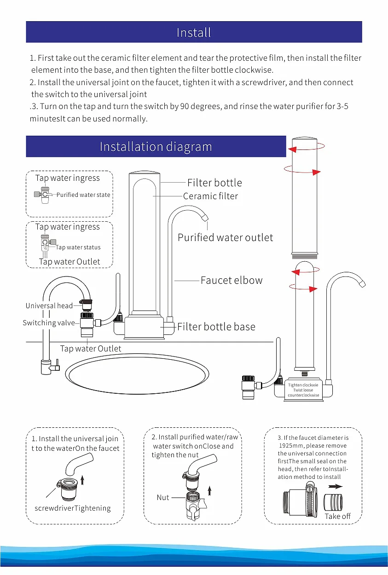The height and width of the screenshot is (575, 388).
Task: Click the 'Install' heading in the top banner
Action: [194, 33]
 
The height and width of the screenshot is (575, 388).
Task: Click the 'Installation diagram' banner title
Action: [156, 147]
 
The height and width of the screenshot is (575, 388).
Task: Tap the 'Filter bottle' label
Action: [214, 183]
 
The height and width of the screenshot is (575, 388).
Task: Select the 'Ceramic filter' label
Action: [210, 196]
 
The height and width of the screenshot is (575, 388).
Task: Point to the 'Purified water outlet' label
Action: [225, 237]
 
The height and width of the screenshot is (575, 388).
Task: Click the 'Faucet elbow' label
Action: [232, 280]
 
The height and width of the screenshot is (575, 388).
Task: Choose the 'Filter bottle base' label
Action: [216, 327]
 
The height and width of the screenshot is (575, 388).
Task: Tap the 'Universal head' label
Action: [49, 306]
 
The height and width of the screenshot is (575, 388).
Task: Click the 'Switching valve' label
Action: [48, 323]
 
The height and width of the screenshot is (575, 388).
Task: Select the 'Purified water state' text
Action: [83, 195]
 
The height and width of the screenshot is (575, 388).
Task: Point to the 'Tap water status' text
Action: [78, 247]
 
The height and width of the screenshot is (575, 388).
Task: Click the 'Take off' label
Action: [337, 516]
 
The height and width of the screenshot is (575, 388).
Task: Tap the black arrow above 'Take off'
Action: [336, 486]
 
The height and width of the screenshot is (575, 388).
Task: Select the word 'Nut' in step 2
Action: [163, 497]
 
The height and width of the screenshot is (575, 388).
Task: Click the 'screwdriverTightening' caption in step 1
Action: [73, 508]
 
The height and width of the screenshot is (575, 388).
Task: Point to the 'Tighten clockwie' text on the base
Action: [303, 385]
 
